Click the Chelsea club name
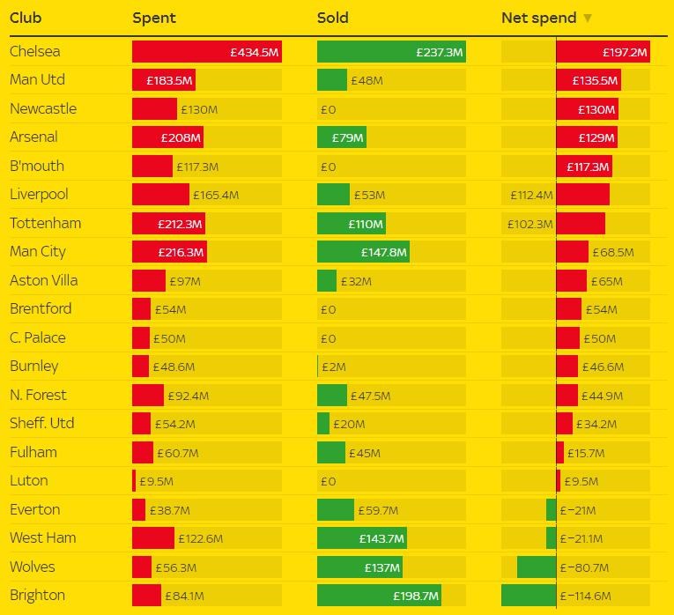35,51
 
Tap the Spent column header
154,18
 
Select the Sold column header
333,18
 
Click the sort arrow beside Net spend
588,18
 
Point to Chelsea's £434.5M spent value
255,52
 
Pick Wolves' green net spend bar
537,567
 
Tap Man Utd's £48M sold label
367,80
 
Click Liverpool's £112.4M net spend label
531,195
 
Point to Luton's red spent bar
134,481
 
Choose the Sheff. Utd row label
42,424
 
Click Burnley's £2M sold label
334,367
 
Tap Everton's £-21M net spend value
578,510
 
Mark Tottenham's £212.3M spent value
181,224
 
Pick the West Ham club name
43,538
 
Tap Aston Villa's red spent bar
148,281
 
